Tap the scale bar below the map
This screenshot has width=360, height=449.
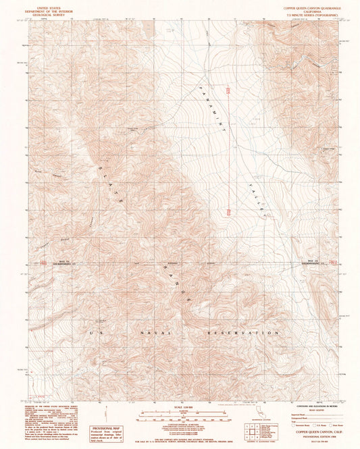(179, 413)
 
